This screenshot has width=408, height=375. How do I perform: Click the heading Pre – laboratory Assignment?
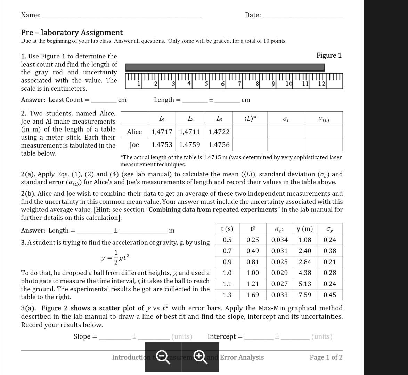tap(72, 33)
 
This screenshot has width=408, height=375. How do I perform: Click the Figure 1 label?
tap(329, 56)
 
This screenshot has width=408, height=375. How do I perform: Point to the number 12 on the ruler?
tap(322, 84)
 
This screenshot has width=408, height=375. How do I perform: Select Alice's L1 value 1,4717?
tap(162, 132)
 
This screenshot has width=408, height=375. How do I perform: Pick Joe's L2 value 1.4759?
tap(190, 144)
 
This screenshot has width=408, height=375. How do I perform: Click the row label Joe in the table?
tap(134, 144)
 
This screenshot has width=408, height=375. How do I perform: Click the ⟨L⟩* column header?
tap(251, 119)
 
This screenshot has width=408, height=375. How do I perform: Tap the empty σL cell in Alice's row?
tap(286, 132)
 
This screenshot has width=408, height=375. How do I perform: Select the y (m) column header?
tap(304, 229)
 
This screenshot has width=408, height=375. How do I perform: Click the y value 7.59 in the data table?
tap(305, 295)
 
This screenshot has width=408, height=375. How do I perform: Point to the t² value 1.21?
tap(253, 284)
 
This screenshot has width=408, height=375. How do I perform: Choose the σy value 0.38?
tap(330, 251)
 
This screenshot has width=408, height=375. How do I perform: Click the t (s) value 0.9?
tap(227, 262)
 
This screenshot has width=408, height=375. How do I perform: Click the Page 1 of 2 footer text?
tap(326, 357)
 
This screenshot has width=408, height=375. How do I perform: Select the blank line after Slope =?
tap(114, 337)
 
